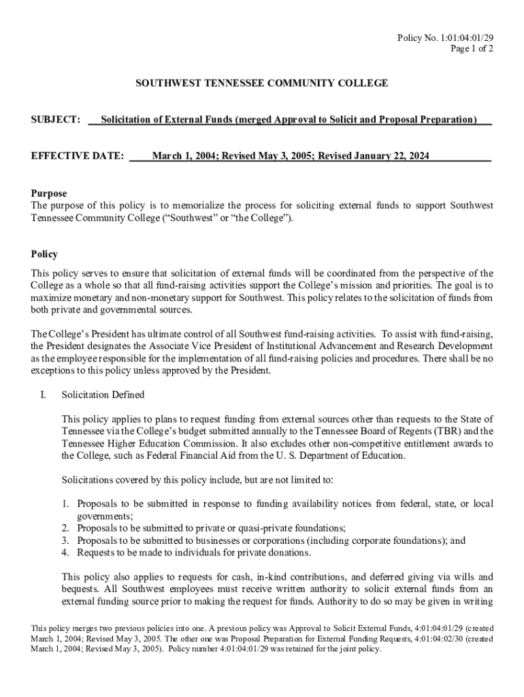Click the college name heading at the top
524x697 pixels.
(262, 83)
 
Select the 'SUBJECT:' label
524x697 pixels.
(56, 120)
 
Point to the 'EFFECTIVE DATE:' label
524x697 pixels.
(78, 156)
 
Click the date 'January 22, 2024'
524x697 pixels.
(391, 156)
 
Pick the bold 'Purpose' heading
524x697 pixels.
(49, 194)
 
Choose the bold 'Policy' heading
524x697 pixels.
(44, 255)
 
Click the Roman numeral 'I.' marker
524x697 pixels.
(42, 395)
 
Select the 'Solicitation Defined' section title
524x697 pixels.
(103, 395)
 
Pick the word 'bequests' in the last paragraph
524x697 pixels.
(80, 589)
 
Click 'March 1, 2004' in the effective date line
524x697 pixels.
(182, 156)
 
